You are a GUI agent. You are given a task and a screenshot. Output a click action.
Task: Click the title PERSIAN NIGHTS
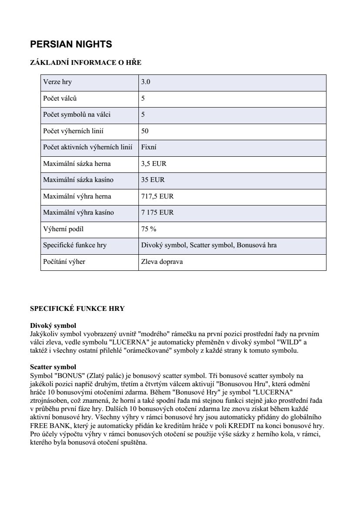(x=71, y=44)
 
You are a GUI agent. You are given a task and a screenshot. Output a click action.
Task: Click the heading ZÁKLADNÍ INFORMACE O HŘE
(x=86, y=63)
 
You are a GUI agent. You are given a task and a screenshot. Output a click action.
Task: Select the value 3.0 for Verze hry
(x=146, y=82)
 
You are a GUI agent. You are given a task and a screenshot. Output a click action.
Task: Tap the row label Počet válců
(x=60, y=98)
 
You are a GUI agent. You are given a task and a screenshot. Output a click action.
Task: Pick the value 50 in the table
(x=145, y=131)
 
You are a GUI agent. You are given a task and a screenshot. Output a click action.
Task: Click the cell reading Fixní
(x=149, y=147)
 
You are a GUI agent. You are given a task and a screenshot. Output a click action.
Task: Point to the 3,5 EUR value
(x=154, y=164)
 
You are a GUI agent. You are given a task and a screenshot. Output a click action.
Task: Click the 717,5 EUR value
(x=157, y=196)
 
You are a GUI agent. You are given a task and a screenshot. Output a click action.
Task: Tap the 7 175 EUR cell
(x=157, y=212)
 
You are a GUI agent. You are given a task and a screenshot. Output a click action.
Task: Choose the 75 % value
(x=148, y=229)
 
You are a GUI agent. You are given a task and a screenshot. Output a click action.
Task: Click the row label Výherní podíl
(x=63, y=229)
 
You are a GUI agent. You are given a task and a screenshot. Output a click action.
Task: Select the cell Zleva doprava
(x=162, y=262)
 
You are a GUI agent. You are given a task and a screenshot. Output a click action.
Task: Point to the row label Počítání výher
(x=64, y=262)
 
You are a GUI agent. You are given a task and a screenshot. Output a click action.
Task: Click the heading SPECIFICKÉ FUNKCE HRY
(x=77, y=309)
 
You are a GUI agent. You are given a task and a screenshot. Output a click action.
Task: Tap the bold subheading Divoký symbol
(x=53, y=326)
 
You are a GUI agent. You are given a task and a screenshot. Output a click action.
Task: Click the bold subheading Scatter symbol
(x=53, y=367)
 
